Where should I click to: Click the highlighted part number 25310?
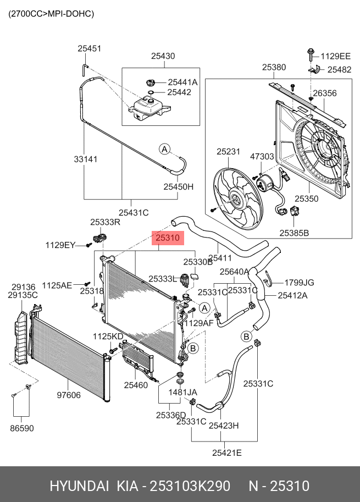[168, 238]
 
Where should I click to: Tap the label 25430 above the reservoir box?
[163, 56]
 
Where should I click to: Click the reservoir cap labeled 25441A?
[150, 82]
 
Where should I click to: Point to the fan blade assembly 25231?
[238, 198]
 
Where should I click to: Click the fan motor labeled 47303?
[264, 183]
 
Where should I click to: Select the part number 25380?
[274, 67]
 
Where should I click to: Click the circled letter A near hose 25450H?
[164, 149]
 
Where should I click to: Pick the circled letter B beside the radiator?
[193, 348]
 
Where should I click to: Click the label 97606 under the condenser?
[69, 395]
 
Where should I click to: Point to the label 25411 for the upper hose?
[220, 258]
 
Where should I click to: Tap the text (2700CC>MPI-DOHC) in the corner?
[51, 14]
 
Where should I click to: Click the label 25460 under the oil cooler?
[136, 385]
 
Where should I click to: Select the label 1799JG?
[299, 283]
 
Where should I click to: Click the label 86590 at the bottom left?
[22, 428]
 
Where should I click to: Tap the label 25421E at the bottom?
[227, 453]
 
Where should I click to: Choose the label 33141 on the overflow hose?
[86, 159]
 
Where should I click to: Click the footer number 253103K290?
[190, 486]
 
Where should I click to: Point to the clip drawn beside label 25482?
[317, 69]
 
